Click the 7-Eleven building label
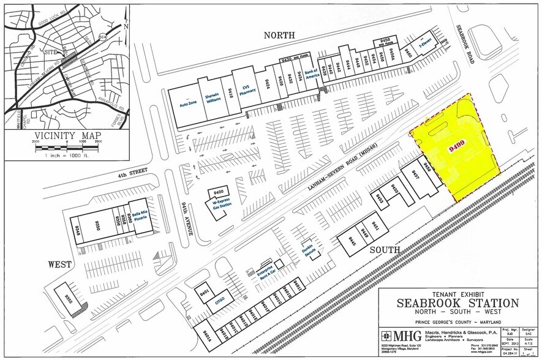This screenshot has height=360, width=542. pyautogui.click(x=425, y=47)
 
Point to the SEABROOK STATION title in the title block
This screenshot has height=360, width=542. pyautogui.click(x=457, y=303)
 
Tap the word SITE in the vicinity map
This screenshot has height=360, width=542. pyautogui.click(x=51, y=53)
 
